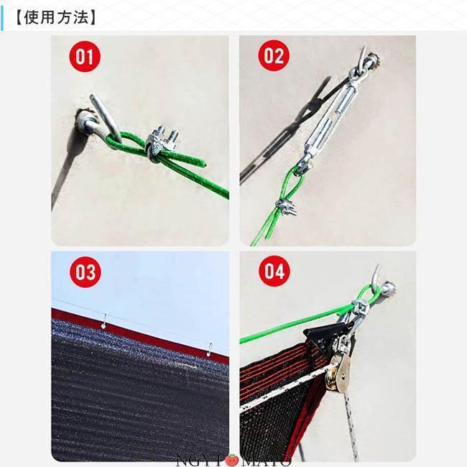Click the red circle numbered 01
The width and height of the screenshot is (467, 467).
[85, 57]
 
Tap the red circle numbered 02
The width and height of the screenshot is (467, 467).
[274, 56]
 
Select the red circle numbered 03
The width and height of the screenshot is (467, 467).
[85, 272]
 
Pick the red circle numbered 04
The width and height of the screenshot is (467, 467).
[274, 272]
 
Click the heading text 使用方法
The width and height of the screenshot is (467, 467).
[56, 17]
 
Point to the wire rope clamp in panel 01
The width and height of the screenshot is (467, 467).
[162, 143]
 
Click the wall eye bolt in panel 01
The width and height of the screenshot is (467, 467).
[96, 119]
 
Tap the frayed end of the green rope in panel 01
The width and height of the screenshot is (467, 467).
[204, 163]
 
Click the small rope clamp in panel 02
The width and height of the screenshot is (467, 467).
[286, 206]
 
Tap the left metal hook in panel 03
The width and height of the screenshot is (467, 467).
[104, 320]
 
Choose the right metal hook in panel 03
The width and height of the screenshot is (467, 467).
[210, 349]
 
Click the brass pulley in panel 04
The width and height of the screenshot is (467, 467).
[338, 372]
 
